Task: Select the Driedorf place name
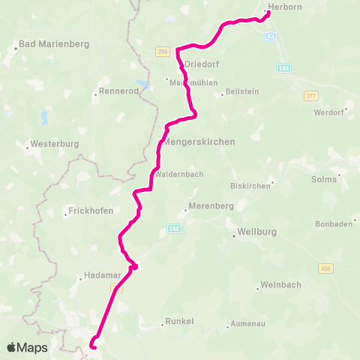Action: click(x=200, y=64)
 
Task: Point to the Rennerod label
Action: click(x=118, y=94)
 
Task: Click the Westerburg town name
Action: click(x=52, y=144)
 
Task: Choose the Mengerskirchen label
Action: click(x=199, y=141)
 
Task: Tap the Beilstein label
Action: click(x=243, y=94)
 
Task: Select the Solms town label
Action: click(x=324, y=179)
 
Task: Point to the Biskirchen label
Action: click(x=250, y=185)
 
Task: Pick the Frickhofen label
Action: click(x=91, y=211)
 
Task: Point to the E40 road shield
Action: click(x=283, y=68)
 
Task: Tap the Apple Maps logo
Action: click(x=27, y=347)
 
